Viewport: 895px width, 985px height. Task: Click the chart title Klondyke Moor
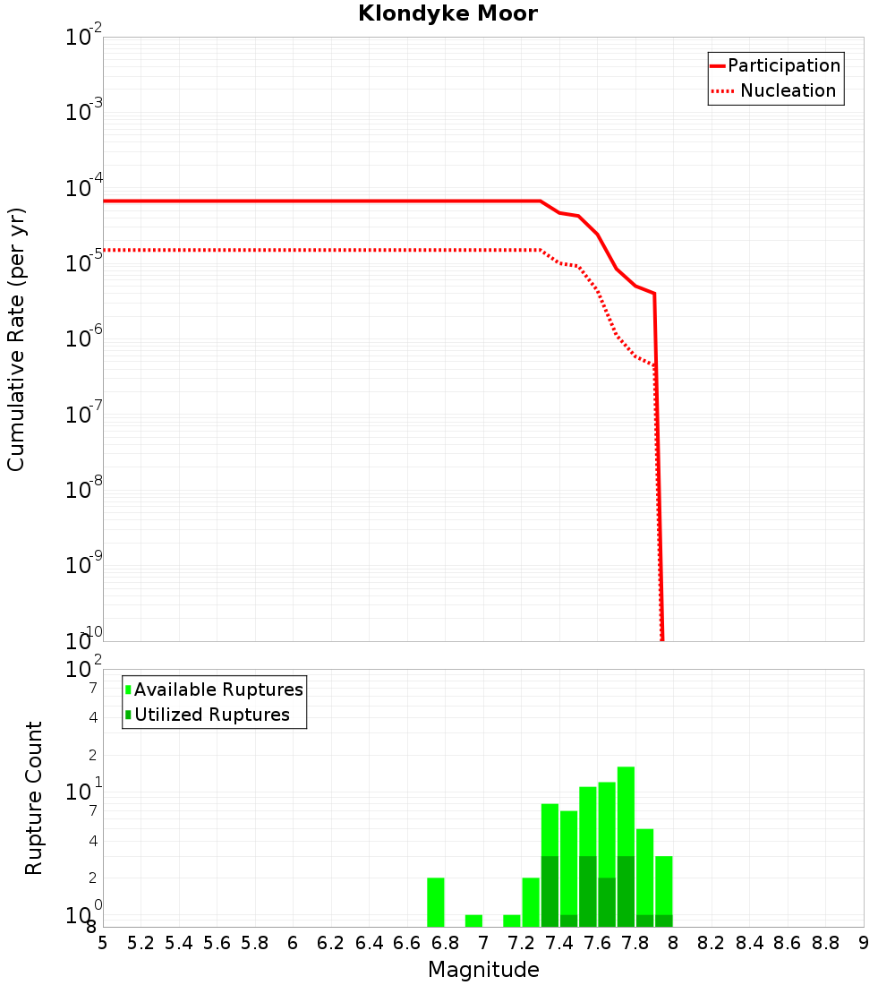pos(447,13)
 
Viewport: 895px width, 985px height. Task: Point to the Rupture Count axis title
pos(34,797)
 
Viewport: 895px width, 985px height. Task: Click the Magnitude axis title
pos(483,970)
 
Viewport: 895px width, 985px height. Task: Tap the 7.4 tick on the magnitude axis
pos(559,942)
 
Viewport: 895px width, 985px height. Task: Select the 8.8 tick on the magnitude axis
pos(825,942)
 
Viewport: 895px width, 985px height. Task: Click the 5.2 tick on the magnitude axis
pos(141,942)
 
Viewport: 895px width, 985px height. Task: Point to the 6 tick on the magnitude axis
pos(293,942)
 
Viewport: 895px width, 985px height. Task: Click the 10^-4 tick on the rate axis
pos(82,189)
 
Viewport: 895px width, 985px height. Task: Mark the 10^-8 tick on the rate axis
pos(82,491)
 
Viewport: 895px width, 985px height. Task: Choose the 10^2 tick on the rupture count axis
pos(82,669)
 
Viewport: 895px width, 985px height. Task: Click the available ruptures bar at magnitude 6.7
pos(435,902)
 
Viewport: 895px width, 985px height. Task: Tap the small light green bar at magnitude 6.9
pos(473,921)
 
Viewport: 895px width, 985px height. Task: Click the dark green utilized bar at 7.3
pos(550,891)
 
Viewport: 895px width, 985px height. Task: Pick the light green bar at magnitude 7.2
pos(511,921)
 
